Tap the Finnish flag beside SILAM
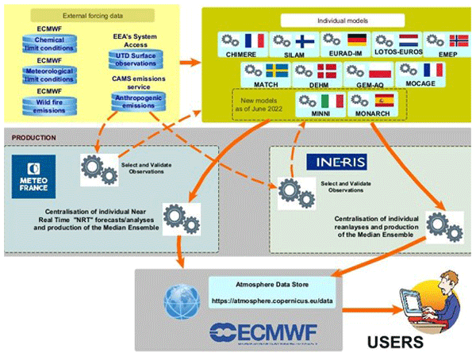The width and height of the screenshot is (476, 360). pos(305,41)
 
